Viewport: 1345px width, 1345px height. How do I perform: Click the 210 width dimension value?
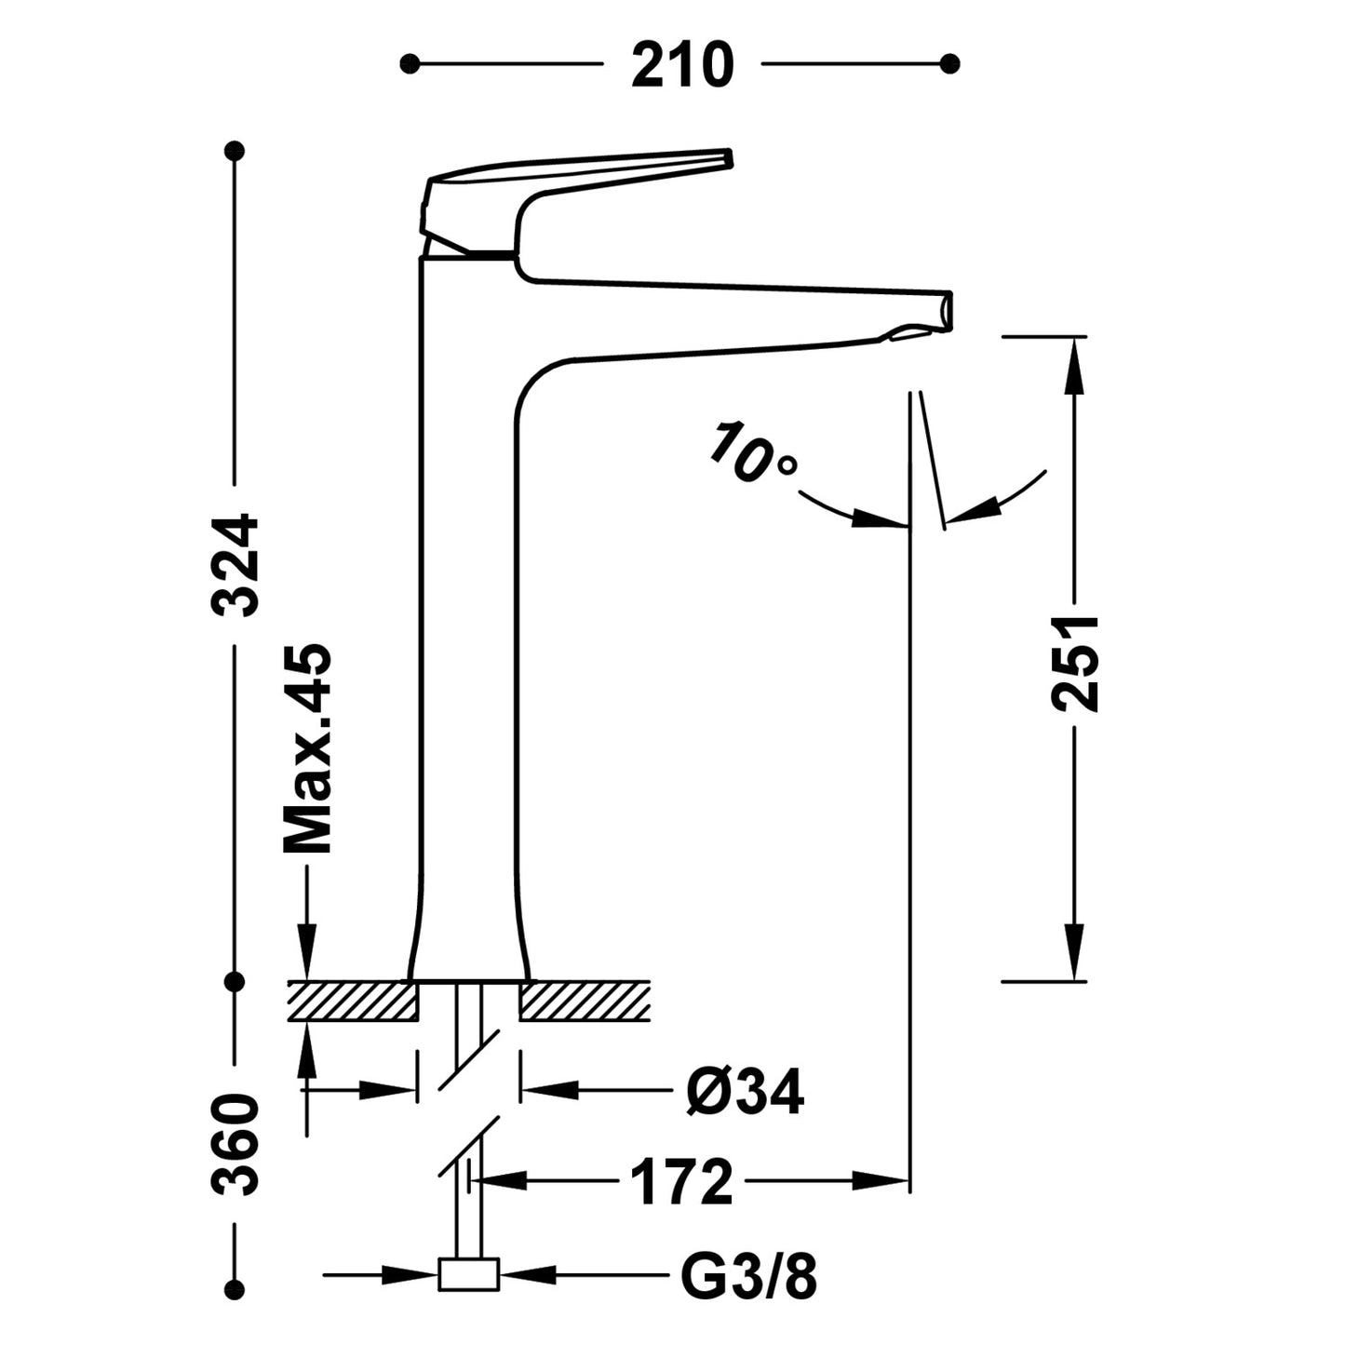(x=682, y=66)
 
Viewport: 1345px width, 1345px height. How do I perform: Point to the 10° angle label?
(x=752, y=453)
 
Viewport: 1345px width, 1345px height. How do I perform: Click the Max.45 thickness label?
(x=308, y=748)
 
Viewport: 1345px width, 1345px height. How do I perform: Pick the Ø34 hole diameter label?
(x=744, y=1091)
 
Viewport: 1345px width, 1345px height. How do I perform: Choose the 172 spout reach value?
(x=681, y=1183)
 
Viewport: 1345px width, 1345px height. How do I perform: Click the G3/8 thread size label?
(x=748, y=1277)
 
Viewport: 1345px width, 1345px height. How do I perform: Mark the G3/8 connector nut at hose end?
(x=468, y=1274)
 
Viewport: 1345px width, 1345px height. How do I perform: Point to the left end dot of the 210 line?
(x=409, y=63)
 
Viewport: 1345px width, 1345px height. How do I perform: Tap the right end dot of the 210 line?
(x=949, y=63)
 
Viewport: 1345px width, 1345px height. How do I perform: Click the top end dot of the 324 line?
(x=235, y=150)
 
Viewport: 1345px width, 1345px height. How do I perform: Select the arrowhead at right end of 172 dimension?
(x=884, y=1181)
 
